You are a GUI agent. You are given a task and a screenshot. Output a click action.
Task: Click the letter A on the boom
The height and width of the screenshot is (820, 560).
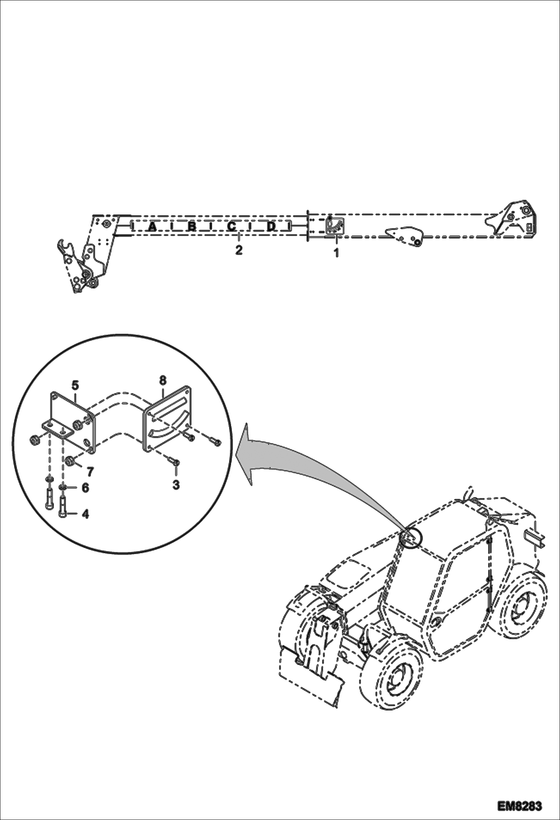click(x=152, y=226)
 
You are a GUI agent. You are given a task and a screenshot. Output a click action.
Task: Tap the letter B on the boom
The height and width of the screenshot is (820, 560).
click(x=192, y=226)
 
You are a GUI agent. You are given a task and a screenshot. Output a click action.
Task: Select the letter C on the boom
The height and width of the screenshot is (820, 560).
click(x=232, y=226)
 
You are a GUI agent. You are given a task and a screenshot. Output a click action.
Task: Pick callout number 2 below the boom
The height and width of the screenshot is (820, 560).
click(x=239, y=249)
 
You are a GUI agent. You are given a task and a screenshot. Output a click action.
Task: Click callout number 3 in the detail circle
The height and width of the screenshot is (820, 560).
click(x=176, y=485)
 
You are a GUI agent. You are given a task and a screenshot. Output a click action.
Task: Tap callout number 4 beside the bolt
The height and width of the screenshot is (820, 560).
click(x=85, y=514)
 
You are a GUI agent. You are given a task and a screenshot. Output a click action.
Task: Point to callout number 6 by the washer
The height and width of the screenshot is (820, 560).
click(x=85, y=487)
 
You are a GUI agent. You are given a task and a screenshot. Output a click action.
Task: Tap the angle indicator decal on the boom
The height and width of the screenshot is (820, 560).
click(x=335, y=226)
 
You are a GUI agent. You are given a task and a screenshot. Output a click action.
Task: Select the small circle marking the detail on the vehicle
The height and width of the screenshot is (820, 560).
click(x=411, y=539)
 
